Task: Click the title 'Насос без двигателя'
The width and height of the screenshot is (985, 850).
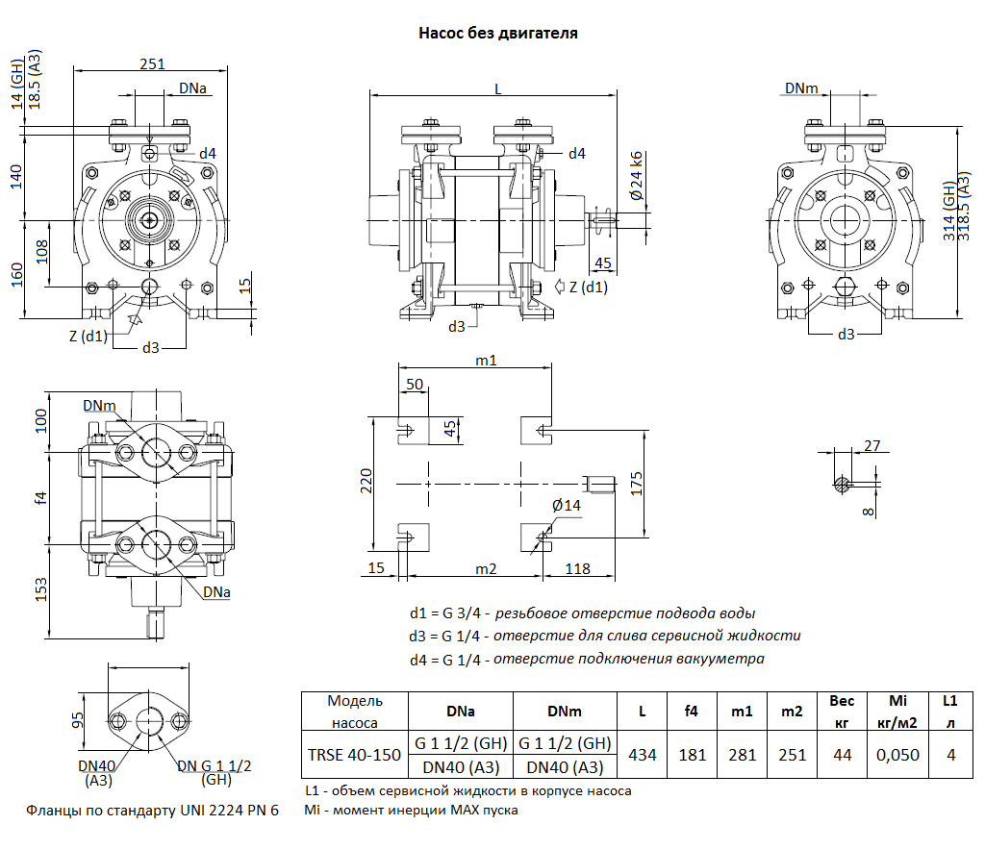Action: click(497, 33)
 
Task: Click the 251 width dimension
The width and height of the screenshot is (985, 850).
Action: click(152, 63)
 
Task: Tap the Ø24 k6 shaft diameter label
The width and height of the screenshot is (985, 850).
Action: click(635, 176)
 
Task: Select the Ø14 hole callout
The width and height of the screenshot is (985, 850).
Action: click(567, 506)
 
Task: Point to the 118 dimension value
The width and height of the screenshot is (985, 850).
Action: click(577, 568)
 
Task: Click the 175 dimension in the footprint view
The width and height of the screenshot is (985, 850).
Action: click(635, 483)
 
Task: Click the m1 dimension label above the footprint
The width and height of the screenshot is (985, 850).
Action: click(486, 360)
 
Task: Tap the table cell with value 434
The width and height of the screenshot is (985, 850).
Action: click(642, 755)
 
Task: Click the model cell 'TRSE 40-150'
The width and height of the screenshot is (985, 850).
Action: click(355, 755)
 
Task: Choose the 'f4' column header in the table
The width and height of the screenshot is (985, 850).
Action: click(691, 712)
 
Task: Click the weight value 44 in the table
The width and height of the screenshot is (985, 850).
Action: click(843, 755)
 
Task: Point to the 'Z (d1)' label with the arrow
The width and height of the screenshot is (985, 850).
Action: click(587, 287)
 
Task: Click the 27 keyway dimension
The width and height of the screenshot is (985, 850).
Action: click(872, 445)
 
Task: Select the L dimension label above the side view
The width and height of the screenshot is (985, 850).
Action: click(497, 87)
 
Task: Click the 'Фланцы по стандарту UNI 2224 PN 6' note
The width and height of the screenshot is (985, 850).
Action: click(152, 811)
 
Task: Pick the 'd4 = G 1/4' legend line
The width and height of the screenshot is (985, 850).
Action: click(587, 659)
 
